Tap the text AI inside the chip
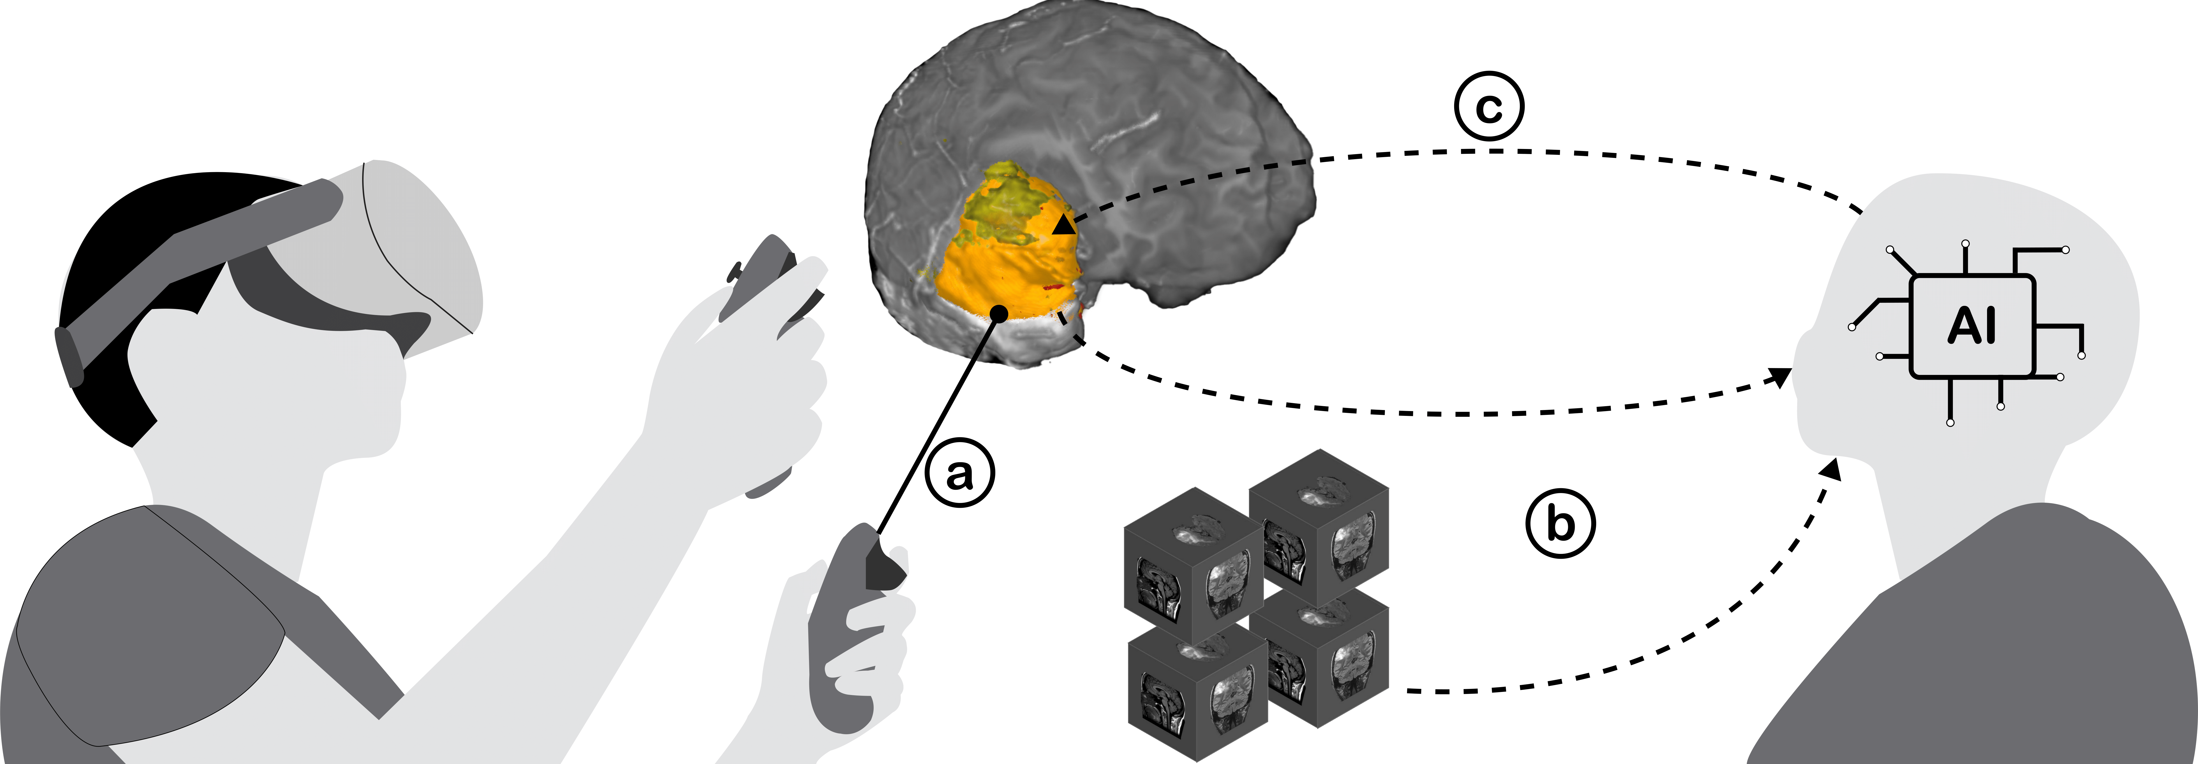pyautogui.click(x=1972, y=326)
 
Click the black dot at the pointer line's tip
pyautogui.click(x=999, y=314)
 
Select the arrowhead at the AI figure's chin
pyautogui.click(x=1830, y=468)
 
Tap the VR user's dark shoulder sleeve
pyautogui.click(x=145, y=623)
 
